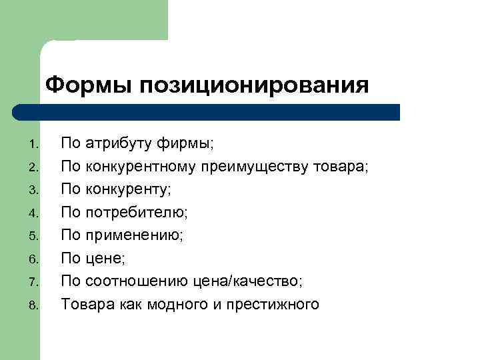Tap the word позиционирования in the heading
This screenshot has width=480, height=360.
[x=254, y=86]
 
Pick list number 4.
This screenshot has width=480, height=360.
[x=35, y=214]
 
